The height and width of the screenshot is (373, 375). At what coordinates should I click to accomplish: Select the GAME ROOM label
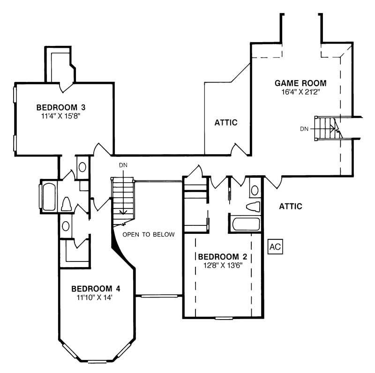point(300,83)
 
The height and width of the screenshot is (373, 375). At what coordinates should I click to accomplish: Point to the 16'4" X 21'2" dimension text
point(300,92)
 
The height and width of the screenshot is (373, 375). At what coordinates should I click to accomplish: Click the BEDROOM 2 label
point(222,257)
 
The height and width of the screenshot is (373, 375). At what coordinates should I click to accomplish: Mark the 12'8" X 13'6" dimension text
point(222,265)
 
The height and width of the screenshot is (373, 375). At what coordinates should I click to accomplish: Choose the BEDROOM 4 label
point(92,288)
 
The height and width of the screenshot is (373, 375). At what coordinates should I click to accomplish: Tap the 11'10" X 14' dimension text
point(92,297)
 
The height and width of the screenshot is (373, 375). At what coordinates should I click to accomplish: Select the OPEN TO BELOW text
point(149,234)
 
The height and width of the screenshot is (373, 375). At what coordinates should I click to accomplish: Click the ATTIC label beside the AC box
point(291,206)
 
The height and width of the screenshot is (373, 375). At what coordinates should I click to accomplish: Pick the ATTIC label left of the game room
point(226,123)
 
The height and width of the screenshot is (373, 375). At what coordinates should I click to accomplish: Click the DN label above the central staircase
point(123,165)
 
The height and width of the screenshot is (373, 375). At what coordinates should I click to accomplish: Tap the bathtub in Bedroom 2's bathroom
point(246,224)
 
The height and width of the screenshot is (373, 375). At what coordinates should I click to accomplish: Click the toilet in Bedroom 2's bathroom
point(253,206)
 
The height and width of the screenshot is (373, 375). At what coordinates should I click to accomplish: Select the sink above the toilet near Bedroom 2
point(255,190)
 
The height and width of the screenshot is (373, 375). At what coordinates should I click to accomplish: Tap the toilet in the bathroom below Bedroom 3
point(66,204)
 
